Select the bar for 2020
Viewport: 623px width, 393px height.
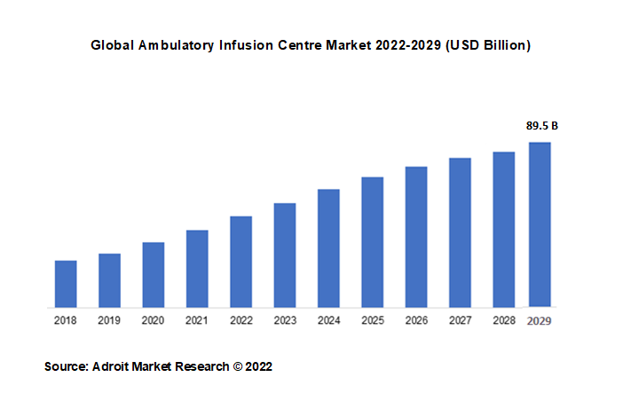[x=154, y=275]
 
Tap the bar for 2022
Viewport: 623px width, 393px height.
[x=241, y=262]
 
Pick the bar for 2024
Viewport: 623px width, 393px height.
[x=328, y=248]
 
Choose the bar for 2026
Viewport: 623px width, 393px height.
[x=416, y=237]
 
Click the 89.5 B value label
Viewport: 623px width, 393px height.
[x=541, y=125]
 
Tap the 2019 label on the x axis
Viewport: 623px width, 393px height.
[x=109, y=320]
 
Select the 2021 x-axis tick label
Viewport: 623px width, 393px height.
[x=197, y=320]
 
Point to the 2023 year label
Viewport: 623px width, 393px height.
[x=285, y=320]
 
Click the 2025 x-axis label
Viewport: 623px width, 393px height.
[x=372, y=320]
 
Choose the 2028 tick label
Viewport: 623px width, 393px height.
[x=503, y=320]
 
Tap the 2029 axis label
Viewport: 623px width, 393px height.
[x=540, y=320]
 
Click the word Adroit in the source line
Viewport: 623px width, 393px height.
[x=111, y=365]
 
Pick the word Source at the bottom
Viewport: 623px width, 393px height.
[x=64, y=365]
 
